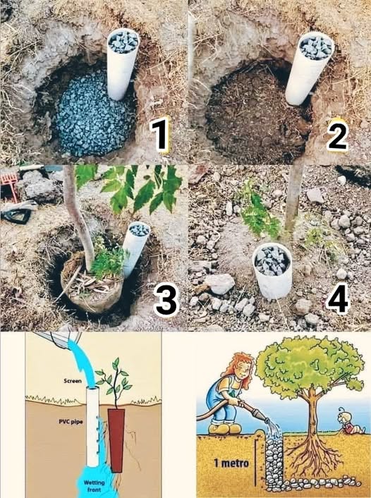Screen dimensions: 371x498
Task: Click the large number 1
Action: (x=160, y=136)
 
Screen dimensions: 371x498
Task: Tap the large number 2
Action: (x=338, y=136)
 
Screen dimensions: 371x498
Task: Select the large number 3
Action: (x=166, y=300)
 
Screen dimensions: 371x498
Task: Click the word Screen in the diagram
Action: (x=73, y=380)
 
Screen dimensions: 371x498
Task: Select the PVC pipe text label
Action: (x=71, y=422)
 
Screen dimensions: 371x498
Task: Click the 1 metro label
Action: (x=231, y=463)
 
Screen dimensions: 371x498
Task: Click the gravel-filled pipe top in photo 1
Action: (x=123, y=41)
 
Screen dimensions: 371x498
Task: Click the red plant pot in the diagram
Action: (x=116, y=440)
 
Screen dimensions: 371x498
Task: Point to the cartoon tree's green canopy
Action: (x=309, y=363)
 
